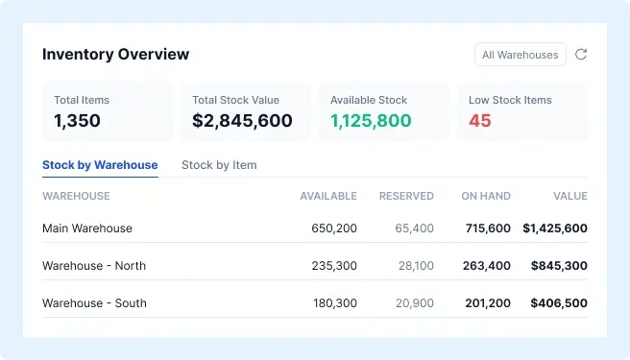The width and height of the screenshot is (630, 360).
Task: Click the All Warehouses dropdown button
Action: coord(521,55)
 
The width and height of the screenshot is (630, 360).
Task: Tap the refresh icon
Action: coord(581,55)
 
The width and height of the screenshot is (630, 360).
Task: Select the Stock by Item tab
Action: coord(219,165)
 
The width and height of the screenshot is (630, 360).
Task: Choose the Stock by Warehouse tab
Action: coord(100,165)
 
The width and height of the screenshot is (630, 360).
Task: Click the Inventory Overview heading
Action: coord(115,55)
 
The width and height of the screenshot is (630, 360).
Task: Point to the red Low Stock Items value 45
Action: coord(480,121)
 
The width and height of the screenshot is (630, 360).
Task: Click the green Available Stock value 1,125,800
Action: coord(371,121)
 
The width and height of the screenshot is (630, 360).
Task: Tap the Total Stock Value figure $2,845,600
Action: coord(242,121)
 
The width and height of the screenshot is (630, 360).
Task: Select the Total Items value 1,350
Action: coord(77,121)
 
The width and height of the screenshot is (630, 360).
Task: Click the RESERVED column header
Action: coord(406,196)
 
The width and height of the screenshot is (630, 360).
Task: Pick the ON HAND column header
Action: coord(486,196)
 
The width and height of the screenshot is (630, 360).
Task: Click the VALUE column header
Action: coord(570,196)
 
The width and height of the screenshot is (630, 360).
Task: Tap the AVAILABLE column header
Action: coord(328,196)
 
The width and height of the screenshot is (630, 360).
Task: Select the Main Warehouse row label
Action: coord(87,228)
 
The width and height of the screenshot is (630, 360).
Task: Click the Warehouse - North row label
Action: coord(94,266)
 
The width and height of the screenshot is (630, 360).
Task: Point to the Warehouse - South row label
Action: coord(94,303)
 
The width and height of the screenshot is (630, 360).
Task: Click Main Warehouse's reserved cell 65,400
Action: coord(414,228)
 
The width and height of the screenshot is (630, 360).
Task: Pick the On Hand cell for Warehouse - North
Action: coord(487,266)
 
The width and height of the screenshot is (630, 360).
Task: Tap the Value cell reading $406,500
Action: coord(559,303)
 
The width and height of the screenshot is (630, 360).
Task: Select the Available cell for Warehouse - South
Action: coord(335,303)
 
